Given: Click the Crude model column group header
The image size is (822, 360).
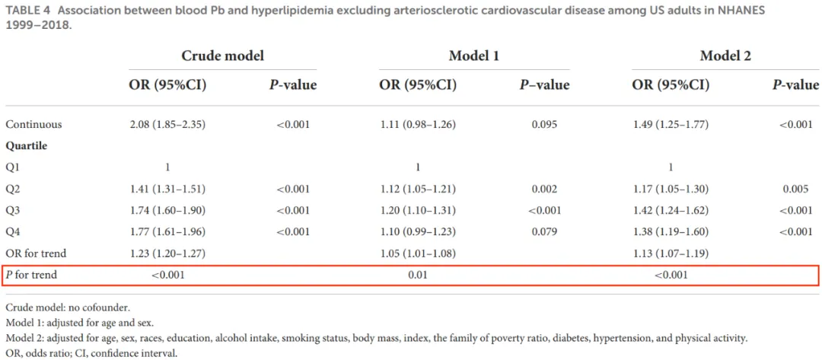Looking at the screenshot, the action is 222,56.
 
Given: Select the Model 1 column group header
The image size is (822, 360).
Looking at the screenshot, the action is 474,56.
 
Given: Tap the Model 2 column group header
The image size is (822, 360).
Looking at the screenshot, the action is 725,56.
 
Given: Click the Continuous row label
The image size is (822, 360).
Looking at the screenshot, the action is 33,125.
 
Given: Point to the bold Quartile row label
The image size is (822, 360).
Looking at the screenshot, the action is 26,146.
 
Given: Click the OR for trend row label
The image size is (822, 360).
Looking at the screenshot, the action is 36,253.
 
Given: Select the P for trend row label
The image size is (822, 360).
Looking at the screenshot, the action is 31,275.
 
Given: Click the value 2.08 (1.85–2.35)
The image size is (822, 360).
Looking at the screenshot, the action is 167,125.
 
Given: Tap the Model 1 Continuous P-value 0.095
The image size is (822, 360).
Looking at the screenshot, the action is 544,125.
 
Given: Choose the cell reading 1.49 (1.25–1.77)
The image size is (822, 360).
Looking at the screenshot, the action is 671,125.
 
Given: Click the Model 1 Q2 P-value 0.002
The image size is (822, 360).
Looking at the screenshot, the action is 544,190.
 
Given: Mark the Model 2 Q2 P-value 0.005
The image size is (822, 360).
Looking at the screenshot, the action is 796,190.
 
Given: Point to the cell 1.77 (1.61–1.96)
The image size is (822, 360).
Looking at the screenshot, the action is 167,232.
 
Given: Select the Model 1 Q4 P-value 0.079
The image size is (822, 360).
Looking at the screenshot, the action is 544,232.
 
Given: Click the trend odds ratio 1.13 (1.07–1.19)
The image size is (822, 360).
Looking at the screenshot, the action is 671,253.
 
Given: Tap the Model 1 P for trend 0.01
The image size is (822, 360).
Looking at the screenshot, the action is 418,275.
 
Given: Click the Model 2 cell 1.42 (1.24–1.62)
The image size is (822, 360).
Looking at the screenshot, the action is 671,211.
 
